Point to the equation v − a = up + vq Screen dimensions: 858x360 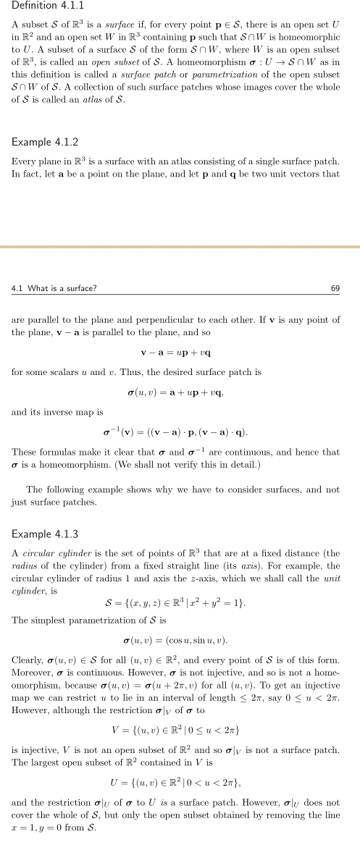tap(180, 353)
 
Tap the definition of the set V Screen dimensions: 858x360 tap(180, 749)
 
